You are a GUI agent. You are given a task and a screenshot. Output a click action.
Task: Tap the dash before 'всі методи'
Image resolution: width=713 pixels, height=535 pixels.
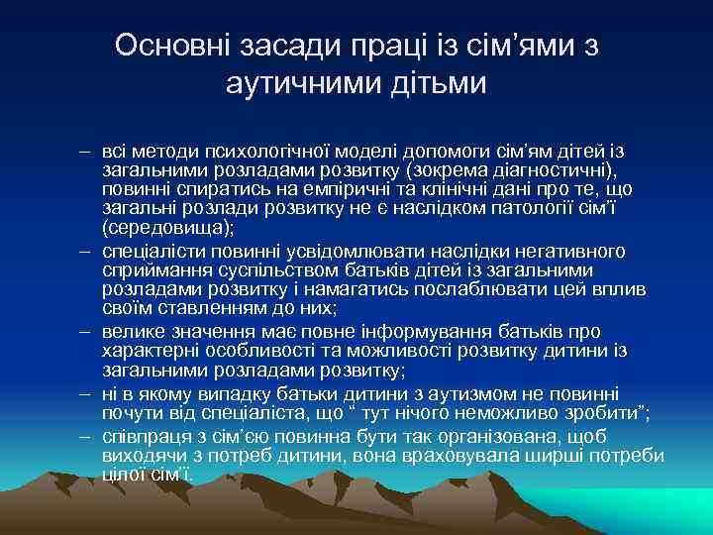88,152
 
